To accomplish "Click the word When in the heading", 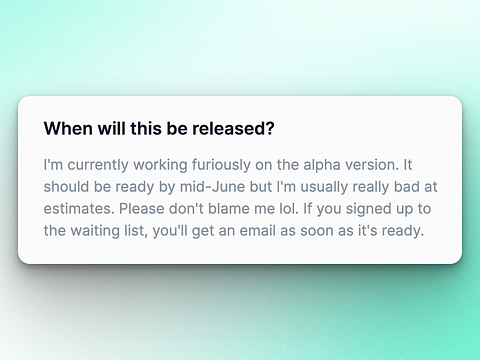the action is pyautogui.click(x=68, y=128).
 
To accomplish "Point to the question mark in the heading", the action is pyautogui.click(x=270, y=128).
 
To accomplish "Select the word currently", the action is pyautogui.click(x=98, y=165).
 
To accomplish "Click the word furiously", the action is pyautogui.click(x=221, y=165).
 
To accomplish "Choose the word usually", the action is pyautogui.click(x=324, y=187).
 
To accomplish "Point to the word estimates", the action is pyautogui.click(x=79, y=209).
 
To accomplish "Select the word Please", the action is pyautogui.click(x=142, y=209).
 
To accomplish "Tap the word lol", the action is pyautogui.click(x=289, y=209).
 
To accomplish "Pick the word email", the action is pyautogui.click(x=258, y=231).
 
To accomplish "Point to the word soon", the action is pyautogui.click(x=317, y=231).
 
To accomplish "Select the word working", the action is pyautogui.click(x=160, y=165).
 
